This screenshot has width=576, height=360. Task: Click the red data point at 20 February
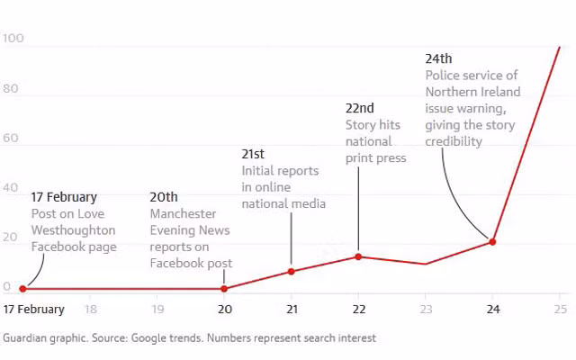pos(224,289)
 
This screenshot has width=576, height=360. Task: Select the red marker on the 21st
pos(291,271)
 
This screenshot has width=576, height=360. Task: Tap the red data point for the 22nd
pos(358,256)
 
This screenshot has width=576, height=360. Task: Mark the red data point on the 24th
pos(492,241)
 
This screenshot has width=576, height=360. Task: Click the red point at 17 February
pos(22,289)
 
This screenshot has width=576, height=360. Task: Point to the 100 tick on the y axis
pos(13,39)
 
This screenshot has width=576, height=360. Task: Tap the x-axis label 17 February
pos(33,309)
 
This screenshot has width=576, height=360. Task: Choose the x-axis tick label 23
pos(425,309)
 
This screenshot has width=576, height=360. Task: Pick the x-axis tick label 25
pos(559,309)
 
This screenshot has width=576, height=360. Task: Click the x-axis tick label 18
pos(90,309)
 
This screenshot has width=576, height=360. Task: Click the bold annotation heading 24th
pos(438,59)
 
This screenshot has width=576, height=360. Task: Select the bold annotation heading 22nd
pos(360,109)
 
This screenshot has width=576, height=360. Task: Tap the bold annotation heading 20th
pos(164,197)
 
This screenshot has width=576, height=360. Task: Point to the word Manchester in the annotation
pos(183,214)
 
